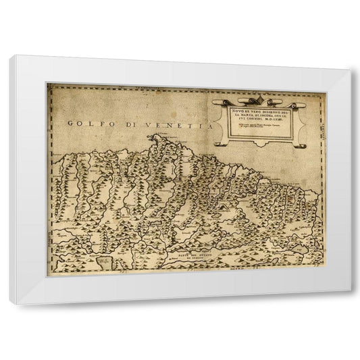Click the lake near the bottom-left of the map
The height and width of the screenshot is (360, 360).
pyautogui.click(x=103, y=259)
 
